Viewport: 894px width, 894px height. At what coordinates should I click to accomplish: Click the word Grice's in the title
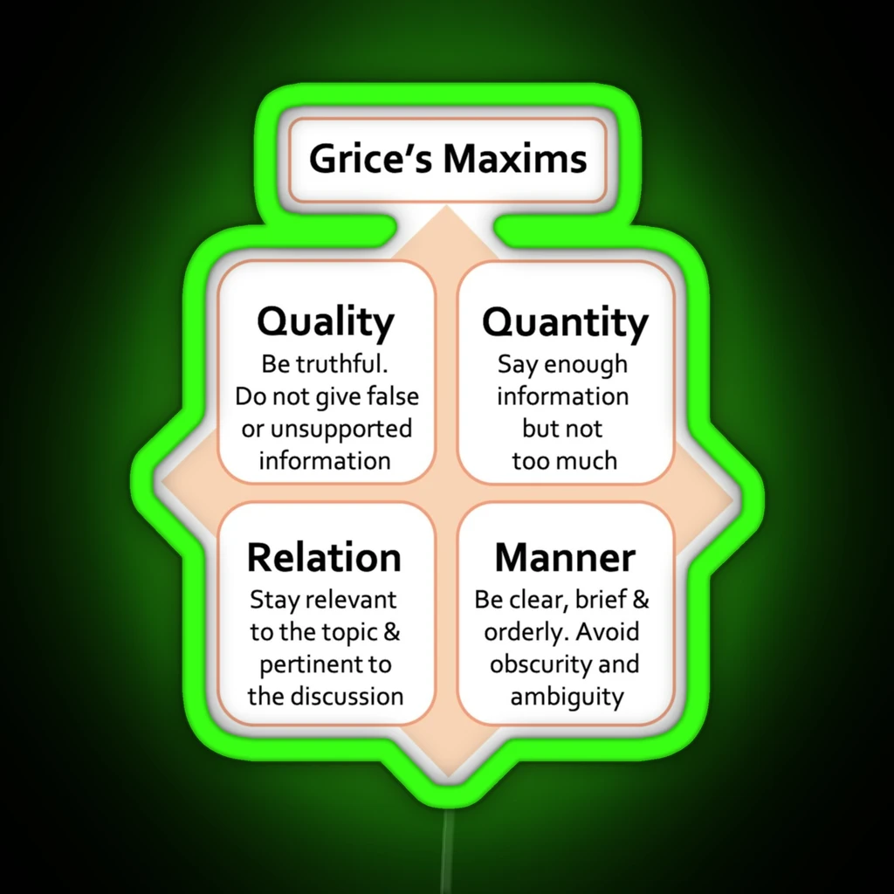(x=370, y=158)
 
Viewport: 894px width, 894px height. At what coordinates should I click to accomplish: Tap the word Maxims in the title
(x=515, y=158)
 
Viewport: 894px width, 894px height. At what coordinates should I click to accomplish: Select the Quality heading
(x=326, y=322)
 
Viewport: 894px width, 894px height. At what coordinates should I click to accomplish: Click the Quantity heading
(x=565, y=323)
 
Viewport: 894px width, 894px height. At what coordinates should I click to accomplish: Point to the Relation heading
(x=324, y=558)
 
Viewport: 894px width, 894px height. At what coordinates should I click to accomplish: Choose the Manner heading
(x=565, y=558)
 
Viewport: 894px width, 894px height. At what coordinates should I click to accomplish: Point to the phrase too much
(x=565, y=461)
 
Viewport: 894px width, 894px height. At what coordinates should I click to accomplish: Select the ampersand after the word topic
(x=392, y=632)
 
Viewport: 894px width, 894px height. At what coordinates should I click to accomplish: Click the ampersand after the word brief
(x=641, y=600)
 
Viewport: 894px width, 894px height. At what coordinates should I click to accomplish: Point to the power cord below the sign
(x=448, y=850)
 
